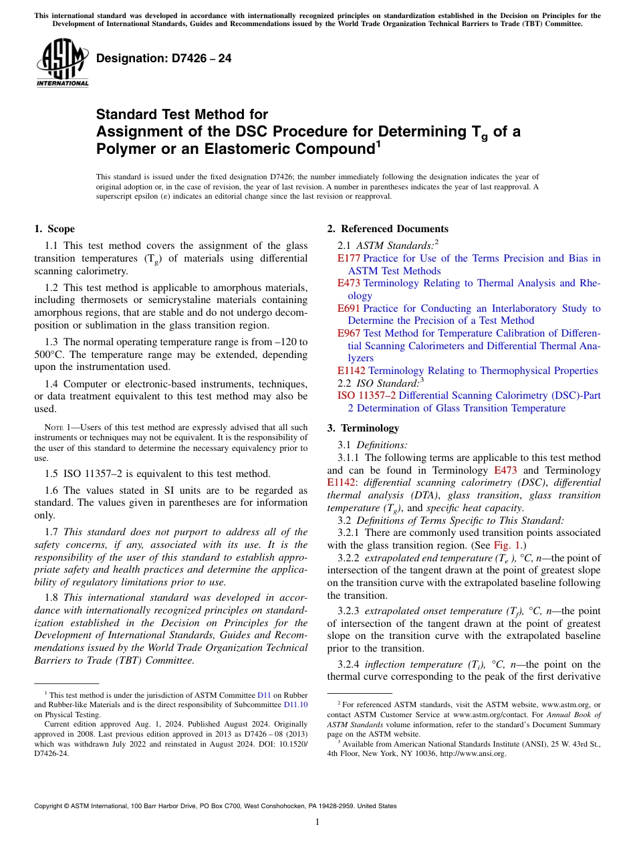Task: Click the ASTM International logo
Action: pos(62,63)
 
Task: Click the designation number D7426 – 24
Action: pos(164,58)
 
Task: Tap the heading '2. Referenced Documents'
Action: pos(388,229)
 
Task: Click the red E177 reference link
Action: pos(349,258)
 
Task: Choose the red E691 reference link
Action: pos(349,308)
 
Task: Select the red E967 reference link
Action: pos(349,333)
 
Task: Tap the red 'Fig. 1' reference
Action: pos(505,545)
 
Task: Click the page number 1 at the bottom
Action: pos(317,822)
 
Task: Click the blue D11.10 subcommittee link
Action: pos(296,705)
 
